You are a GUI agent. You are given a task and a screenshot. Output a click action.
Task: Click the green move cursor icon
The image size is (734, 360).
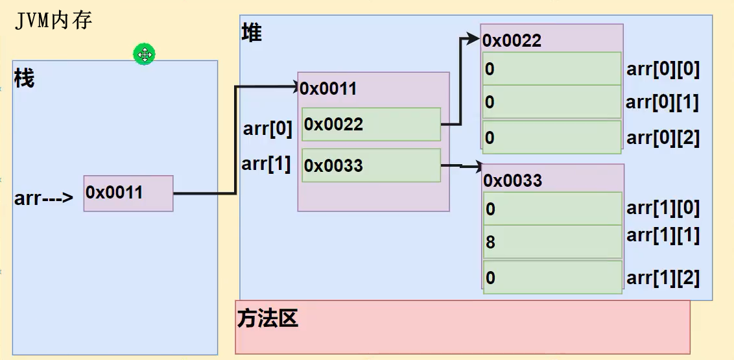(x=144, y=54)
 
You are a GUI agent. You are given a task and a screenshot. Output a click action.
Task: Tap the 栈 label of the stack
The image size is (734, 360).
(x=24, y=79)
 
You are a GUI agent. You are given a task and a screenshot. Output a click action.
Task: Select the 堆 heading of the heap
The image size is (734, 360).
(x=252, y=32)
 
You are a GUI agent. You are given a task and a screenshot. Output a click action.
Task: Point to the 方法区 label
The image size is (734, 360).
(x=267, y=318)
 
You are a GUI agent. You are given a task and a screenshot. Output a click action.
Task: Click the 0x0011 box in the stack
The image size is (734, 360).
(x=128, y=193)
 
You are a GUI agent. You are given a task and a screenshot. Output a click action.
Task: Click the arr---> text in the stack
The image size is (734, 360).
(x=44, y=198)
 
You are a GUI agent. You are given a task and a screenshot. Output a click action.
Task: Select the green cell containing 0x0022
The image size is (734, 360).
(x=371, y=124)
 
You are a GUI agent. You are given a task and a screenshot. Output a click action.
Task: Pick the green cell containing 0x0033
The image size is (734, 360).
(x=371, y=165)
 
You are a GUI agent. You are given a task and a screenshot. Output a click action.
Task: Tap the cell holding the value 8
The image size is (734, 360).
(x=552, y=243)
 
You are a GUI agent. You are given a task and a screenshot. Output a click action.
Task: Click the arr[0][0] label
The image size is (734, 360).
(x=663, y=69)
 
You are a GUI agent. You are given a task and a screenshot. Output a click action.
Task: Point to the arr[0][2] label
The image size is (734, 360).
(x=663, y=138)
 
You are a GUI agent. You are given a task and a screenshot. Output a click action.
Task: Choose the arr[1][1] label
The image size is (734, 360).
(x=663, y=235)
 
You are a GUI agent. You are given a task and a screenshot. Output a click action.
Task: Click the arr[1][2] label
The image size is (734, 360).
(x=663, y=278)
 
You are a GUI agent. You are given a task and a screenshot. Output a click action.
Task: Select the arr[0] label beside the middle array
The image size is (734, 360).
(x=268, y=129)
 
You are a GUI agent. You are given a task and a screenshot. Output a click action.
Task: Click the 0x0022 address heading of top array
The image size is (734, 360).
(x=512, y=41)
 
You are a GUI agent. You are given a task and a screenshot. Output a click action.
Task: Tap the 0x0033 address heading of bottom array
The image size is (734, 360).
(x=512, y=180)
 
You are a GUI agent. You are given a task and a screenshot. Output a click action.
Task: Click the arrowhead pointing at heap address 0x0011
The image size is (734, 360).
(x=294, y=86)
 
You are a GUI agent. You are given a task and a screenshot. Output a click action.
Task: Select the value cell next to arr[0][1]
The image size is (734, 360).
(x=552, y=102)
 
